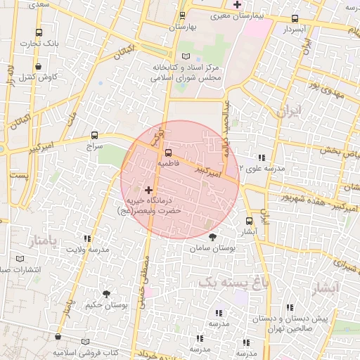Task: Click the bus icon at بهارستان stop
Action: pyautogui.click(x=182, y=15)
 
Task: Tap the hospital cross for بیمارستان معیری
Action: pyautogui.click(x=237, y=4)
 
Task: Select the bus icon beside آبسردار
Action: pyautogui.click(x=294, y=18)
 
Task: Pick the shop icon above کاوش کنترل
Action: pyautogui.click(x=37, y=67)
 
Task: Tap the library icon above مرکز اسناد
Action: pyautogui.click(x=186, y=56)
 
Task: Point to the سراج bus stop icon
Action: pyautogui.click(x=94, y=135)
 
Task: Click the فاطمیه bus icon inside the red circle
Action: pyautogui.click(x=167, y=152)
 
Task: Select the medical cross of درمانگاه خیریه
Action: pyautogui.click(x=148, y=190)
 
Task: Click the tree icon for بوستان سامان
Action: pyautogui.click(x=213, y=237)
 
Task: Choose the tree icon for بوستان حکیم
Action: pyautogui.click(x=106, y=293)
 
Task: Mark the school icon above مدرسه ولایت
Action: pyautogui.click(x=88, y=239)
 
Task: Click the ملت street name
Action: pyautogui.click(x=70, y=113)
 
